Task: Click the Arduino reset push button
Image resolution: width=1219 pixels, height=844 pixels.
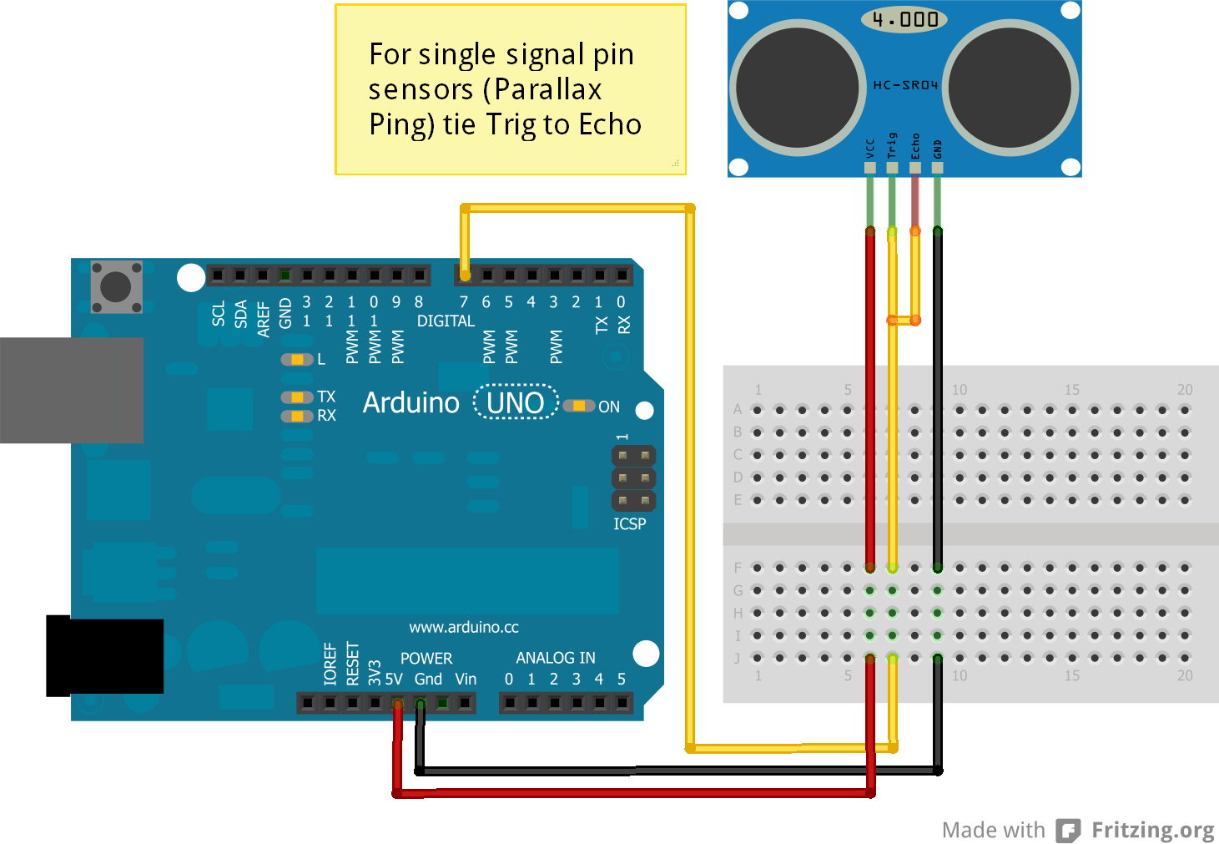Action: [116, 286]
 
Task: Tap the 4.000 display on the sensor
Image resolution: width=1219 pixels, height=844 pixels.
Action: [904, 19]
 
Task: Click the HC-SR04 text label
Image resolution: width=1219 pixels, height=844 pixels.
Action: [905, 85]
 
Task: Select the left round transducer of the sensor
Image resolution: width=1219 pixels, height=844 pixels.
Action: [798, 87]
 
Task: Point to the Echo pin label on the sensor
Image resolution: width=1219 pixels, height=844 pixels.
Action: [915, 146]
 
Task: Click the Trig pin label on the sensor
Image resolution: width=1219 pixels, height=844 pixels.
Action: [892, 146]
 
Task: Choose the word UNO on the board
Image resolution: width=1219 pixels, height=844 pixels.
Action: [516, 403]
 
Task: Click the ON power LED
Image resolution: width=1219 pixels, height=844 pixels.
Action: [578, 406]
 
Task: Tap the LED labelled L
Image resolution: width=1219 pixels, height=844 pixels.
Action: [296, 360]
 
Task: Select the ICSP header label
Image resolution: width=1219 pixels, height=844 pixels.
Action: [630, 524]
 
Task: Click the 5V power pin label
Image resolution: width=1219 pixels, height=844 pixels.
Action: [394, 680]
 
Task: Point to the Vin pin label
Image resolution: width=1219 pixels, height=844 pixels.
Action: [466, 680]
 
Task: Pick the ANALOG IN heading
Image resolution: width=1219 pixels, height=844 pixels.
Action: [556, 658]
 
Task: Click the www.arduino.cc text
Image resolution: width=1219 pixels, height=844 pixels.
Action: [464, 627]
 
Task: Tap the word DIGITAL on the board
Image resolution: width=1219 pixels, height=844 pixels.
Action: [446, 321]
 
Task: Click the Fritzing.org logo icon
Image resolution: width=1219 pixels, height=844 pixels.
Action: [1068, 831]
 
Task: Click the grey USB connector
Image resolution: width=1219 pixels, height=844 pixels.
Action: [72, 390]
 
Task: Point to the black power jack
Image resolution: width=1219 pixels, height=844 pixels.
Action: [104, 656]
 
